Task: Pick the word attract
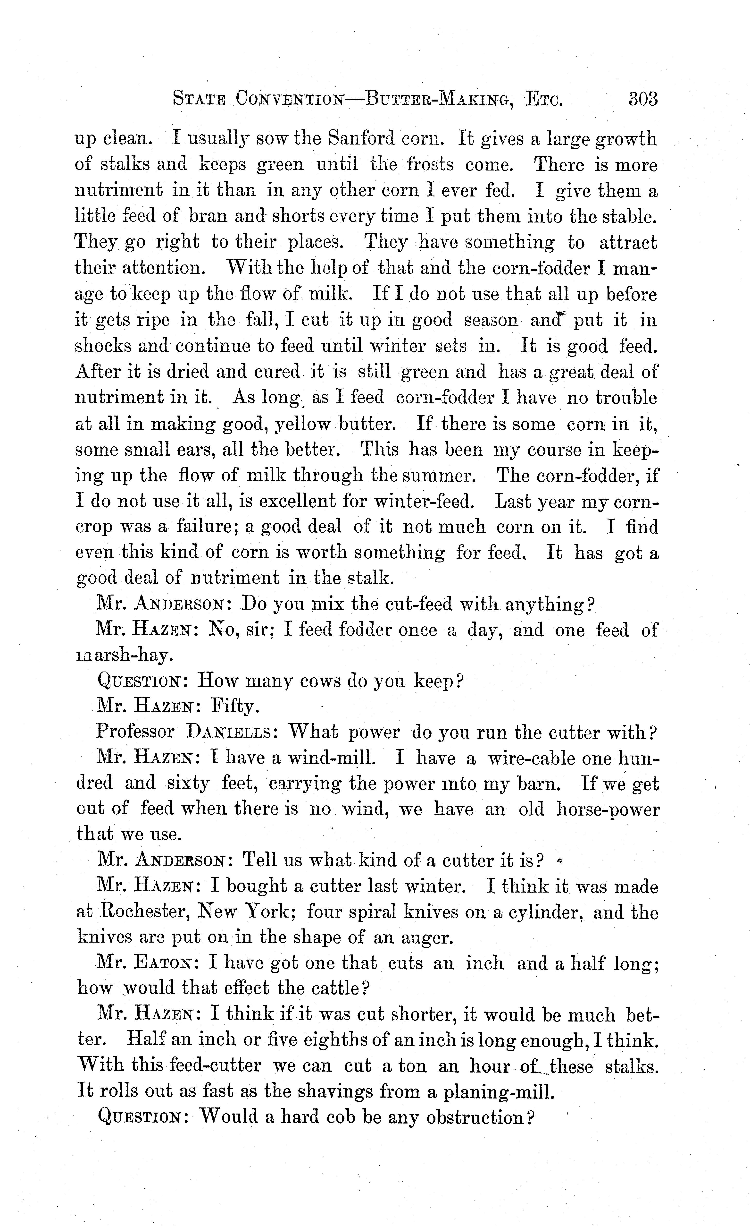(628, 242)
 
